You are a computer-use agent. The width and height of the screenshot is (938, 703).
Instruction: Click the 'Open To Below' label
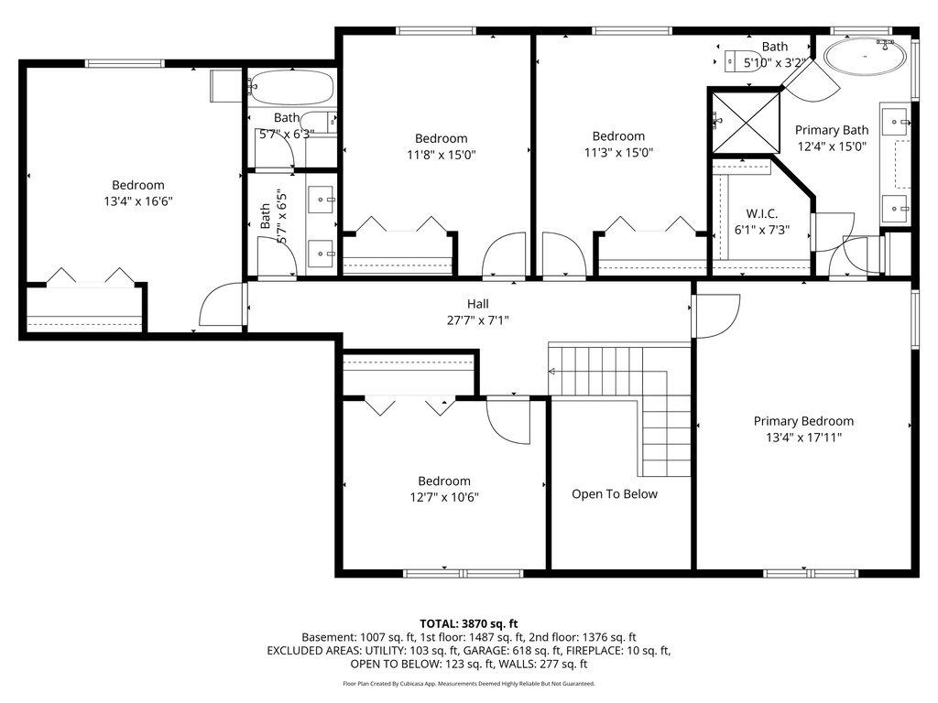[614, 494]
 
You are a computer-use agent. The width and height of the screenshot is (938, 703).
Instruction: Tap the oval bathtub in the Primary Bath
[865, 57]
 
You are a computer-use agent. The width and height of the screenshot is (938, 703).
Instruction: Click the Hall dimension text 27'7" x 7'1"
[477, 320]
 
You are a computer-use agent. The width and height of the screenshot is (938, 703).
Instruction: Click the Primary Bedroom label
[803, 421]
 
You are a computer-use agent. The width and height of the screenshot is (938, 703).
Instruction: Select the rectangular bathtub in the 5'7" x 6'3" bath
[291, 88]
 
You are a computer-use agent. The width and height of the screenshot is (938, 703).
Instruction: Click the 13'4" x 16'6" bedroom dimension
[138, 201]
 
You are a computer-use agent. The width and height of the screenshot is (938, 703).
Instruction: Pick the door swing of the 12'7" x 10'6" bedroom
[507, 420]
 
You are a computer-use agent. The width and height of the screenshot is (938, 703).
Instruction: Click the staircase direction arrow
[552, 371]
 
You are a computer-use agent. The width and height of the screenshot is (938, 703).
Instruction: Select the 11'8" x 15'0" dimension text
[441, 155]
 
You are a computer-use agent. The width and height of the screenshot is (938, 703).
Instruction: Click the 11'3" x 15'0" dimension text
[618, 153]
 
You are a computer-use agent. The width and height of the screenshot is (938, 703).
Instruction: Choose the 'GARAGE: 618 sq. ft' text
[529, 651]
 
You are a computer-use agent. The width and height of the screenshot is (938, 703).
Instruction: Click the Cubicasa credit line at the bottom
[469, 684]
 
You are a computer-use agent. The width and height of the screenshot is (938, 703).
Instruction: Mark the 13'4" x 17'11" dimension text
[803, 438]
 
